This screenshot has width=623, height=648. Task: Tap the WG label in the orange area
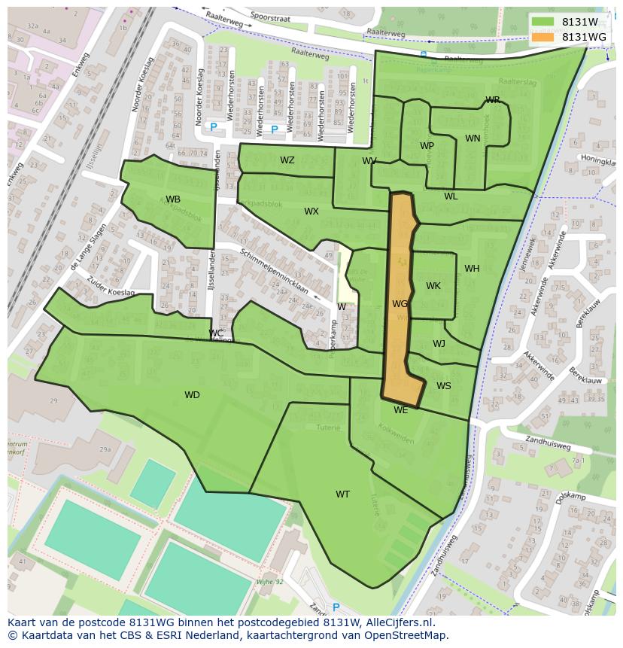[400, 304]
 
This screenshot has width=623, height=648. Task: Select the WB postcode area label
[173, 199]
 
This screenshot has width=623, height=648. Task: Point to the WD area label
[192, 395]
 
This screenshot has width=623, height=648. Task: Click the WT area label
[342, 494]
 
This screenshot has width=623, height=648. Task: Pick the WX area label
[311, 211]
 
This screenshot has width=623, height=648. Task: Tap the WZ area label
[287, 160]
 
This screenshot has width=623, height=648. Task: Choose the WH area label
[472, 269]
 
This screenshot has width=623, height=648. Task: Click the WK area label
[433, 286]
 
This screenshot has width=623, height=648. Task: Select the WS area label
[444, 386]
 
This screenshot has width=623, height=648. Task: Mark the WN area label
[473, 138]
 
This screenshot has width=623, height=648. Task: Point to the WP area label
[427, 146]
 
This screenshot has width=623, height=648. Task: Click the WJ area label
[439, 344]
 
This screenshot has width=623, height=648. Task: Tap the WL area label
[451, 196]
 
